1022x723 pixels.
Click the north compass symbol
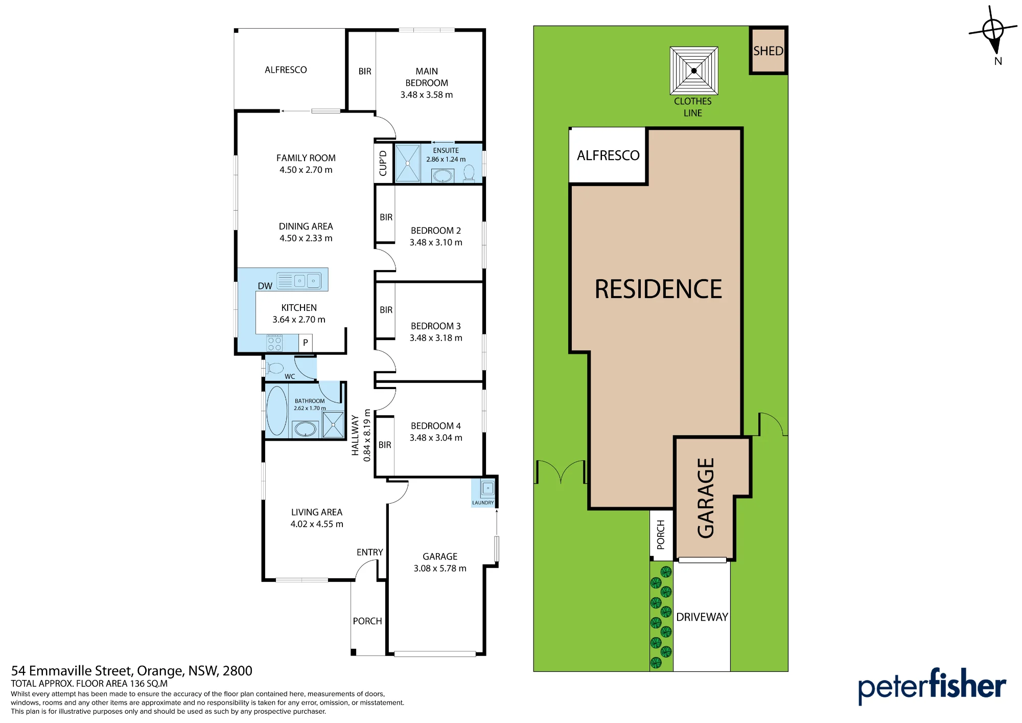[x=993, y=31]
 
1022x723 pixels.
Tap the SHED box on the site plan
[x=768, y=50]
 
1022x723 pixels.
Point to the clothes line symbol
[x=694, y=71]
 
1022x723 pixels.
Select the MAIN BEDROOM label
[x=427, y=77]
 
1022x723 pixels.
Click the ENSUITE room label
[x=446, y=150]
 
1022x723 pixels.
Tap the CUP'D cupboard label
[x=383, y=163]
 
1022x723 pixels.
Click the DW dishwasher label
[x=265, y=286]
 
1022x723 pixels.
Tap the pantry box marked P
[x=306, y=343]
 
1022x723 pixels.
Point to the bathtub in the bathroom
[x=277, y=411]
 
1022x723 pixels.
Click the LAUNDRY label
[x=483, y=503]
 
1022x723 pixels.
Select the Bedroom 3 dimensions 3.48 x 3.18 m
[x=436, y=338]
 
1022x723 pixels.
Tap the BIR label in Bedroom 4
[x=385, y=445]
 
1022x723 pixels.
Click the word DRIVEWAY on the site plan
[x=702, y=617]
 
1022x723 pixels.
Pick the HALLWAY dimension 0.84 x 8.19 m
[x=367, y=435]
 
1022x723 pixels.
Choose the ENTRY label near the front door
[x=370, y=552]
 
